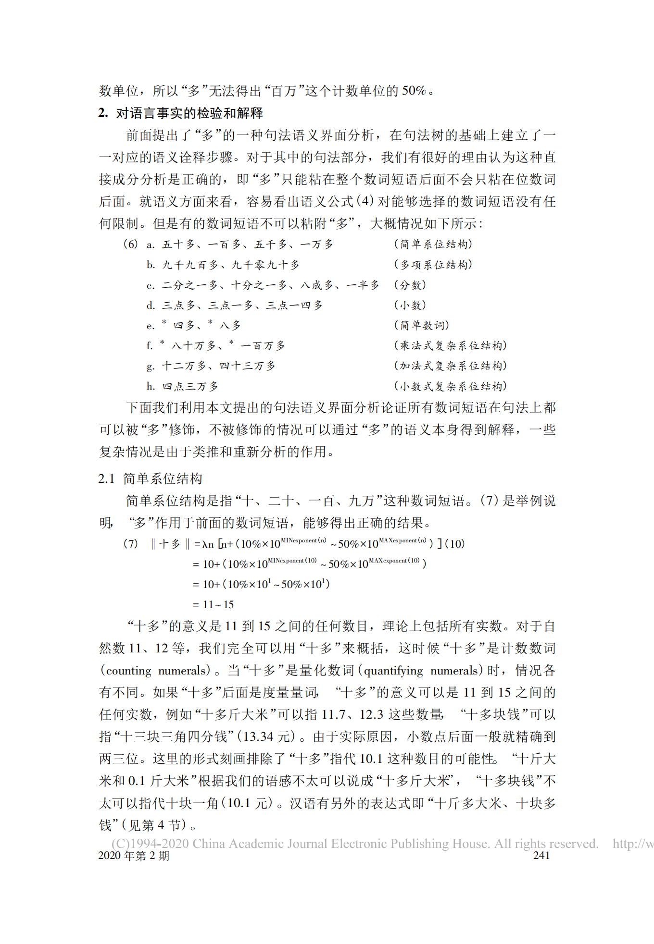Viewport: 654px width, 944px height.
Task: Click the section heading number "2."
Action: (x=103, y=113)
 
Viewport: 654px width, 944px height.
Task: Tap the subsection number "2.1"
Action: (x=106, y=478)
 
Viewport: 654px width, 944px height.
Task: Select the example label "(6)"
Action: (x=131, y=244)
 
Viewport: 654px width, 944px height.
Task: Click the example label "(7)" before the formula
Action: (x=131, y=544)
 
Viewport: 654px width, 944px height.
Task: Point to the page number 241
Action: (x=541, y=855)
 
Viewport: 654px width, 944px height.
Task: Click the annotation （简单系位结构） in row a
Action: (x=433, y=244)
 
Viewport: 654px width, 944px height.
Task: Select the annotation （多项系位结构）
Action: (x=433, y=265)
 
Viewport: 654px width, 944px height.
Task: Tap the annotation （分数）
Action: (x=410, y=285)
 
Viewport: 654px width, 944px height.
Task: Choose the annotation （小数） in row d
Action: (x=410, y=305)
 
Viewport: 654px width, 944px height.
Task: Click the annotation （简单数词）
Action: (x=422, y=325)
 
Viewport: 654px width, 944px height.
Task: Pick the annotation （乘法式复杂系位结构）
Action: (x=451, y=345)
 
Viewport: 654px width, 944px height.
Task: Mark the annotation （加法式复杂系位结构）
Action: (x=451, y=366)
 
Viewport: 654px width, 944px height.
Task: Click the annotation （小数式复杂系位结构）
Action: (x=451, y=386)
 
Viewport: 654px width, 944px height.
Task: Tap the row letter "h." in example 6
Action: (x=151, y=386)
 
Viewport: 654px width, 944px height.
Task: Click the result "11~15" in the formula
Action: (x=218, y=604)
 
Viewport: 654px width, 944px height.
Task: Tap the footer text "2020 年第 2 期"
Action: (x=134, y=856)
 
